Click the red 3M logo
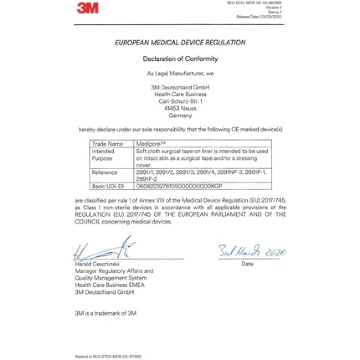(87, 8)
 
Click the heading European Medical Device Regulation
(180, 43)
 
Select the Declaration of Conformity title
(180, 58)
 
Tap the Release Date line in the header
(260, 16)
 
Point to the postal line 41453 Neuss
(180, 108)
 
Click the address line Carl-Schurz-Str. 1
(180, 102)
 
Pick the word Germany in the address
(180, 115)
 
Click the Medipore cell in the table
(148, 144)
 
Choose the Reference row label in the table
(104, 172)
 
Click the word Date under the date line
(247, 264)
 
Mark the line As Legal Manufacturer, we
(180, 73)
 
